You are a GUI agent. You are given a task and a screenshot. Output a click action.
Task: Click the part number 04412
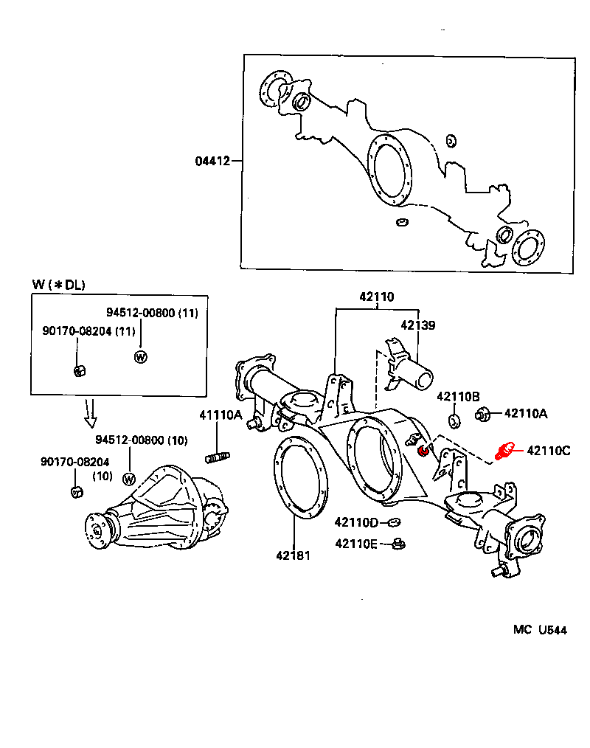click(212, 161)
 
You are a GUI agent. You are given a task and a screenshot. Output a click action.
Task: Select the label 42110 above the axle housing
click(376, 297)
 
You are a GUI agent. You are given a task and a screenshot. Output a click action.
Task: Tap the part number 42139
click(418, 325)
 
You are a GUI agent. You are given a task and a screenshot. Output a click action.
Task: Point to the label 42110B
click(459, 396)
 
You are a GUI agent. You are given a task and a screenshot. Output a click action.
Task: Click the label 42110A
click(526, 414)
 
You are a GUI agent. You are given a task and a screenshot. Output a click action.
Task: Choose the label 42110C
click(549, 451)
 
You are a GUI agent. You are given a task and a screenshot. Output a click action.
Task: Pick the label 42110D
click(356, 522)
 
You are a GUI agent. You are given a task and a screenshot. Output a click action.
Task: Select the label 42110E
click(356, 544)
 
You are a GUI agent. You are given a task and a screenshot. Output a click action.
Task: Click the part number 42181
click(293, 555)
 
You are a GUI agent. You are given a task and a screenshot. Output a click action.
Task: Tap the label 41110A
click(221, 415)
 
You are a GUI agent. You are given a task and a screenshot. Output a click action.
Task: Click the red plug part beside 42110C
click(504, 451)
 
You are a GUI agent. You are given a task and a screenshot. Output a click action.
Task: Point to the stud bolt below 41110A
click(218, 457)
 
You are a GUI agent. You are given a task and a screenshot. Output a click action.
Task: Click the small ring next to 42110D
click(394, 523)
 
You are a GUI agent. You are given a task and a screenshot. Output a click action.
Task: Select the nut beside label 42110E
click(398, 544)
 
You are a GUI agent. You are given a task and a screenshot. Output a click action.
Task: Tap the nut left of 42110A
click(482, 414)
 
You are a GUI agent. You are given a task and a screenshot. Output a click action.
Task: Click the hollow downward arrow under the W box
click(90, 412)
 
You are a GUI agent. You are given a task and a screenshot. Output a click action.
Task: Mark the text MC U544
click(540, 630)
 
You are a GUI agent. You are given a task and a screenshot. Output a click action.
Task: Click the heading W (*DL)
click(59, 285)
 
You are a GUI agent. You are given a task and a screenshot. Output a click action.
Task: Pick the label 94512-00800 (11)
click(152, 313)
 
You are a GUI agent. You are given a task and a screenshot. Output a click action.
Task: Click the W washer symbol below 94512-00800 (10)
click(129, 479)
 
